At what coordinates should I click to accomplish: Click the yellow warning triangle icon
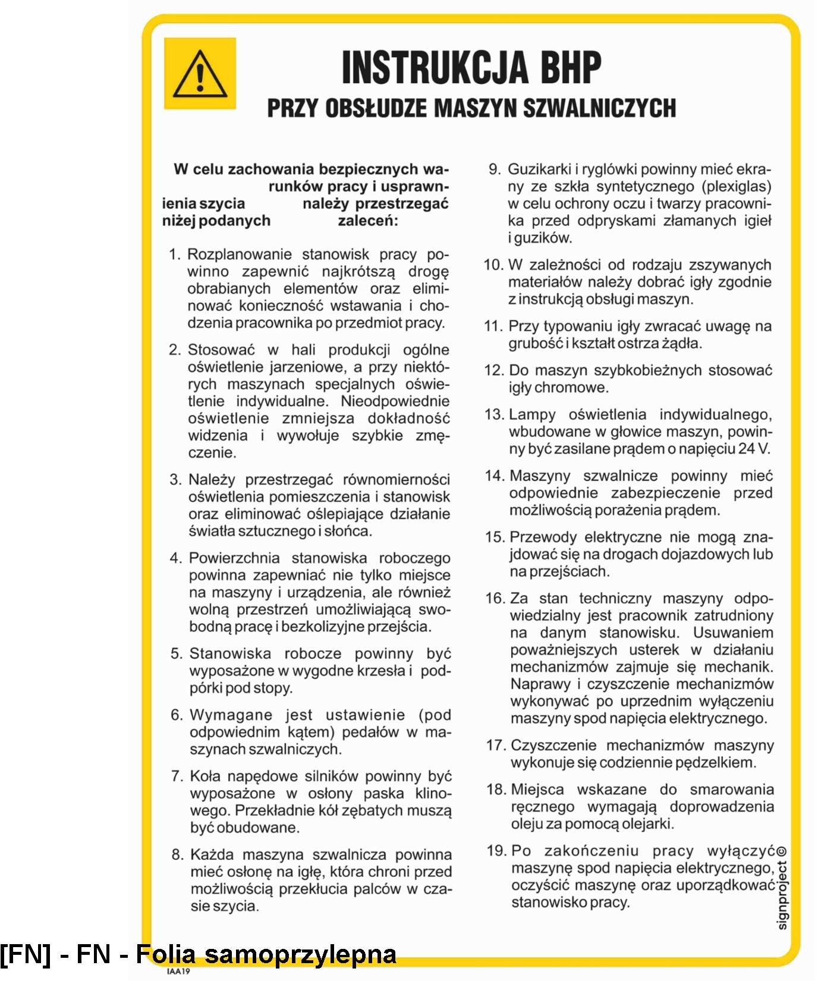coord(200,74)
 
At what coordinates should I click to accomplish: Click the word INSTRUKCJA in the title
coord(435,67)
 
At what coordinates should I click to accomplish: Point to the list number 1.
coord(174,255)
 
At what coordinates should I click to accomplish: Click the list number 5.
coord(176,654)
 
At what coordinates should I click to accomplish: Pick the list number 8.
coord(177,855)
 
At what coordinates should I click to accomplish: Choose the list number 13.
coord(494,414)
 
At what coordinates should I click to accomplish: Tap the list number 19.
coord(496,851)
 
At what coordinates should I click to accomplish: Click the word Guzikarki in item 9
coord(536,169)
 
